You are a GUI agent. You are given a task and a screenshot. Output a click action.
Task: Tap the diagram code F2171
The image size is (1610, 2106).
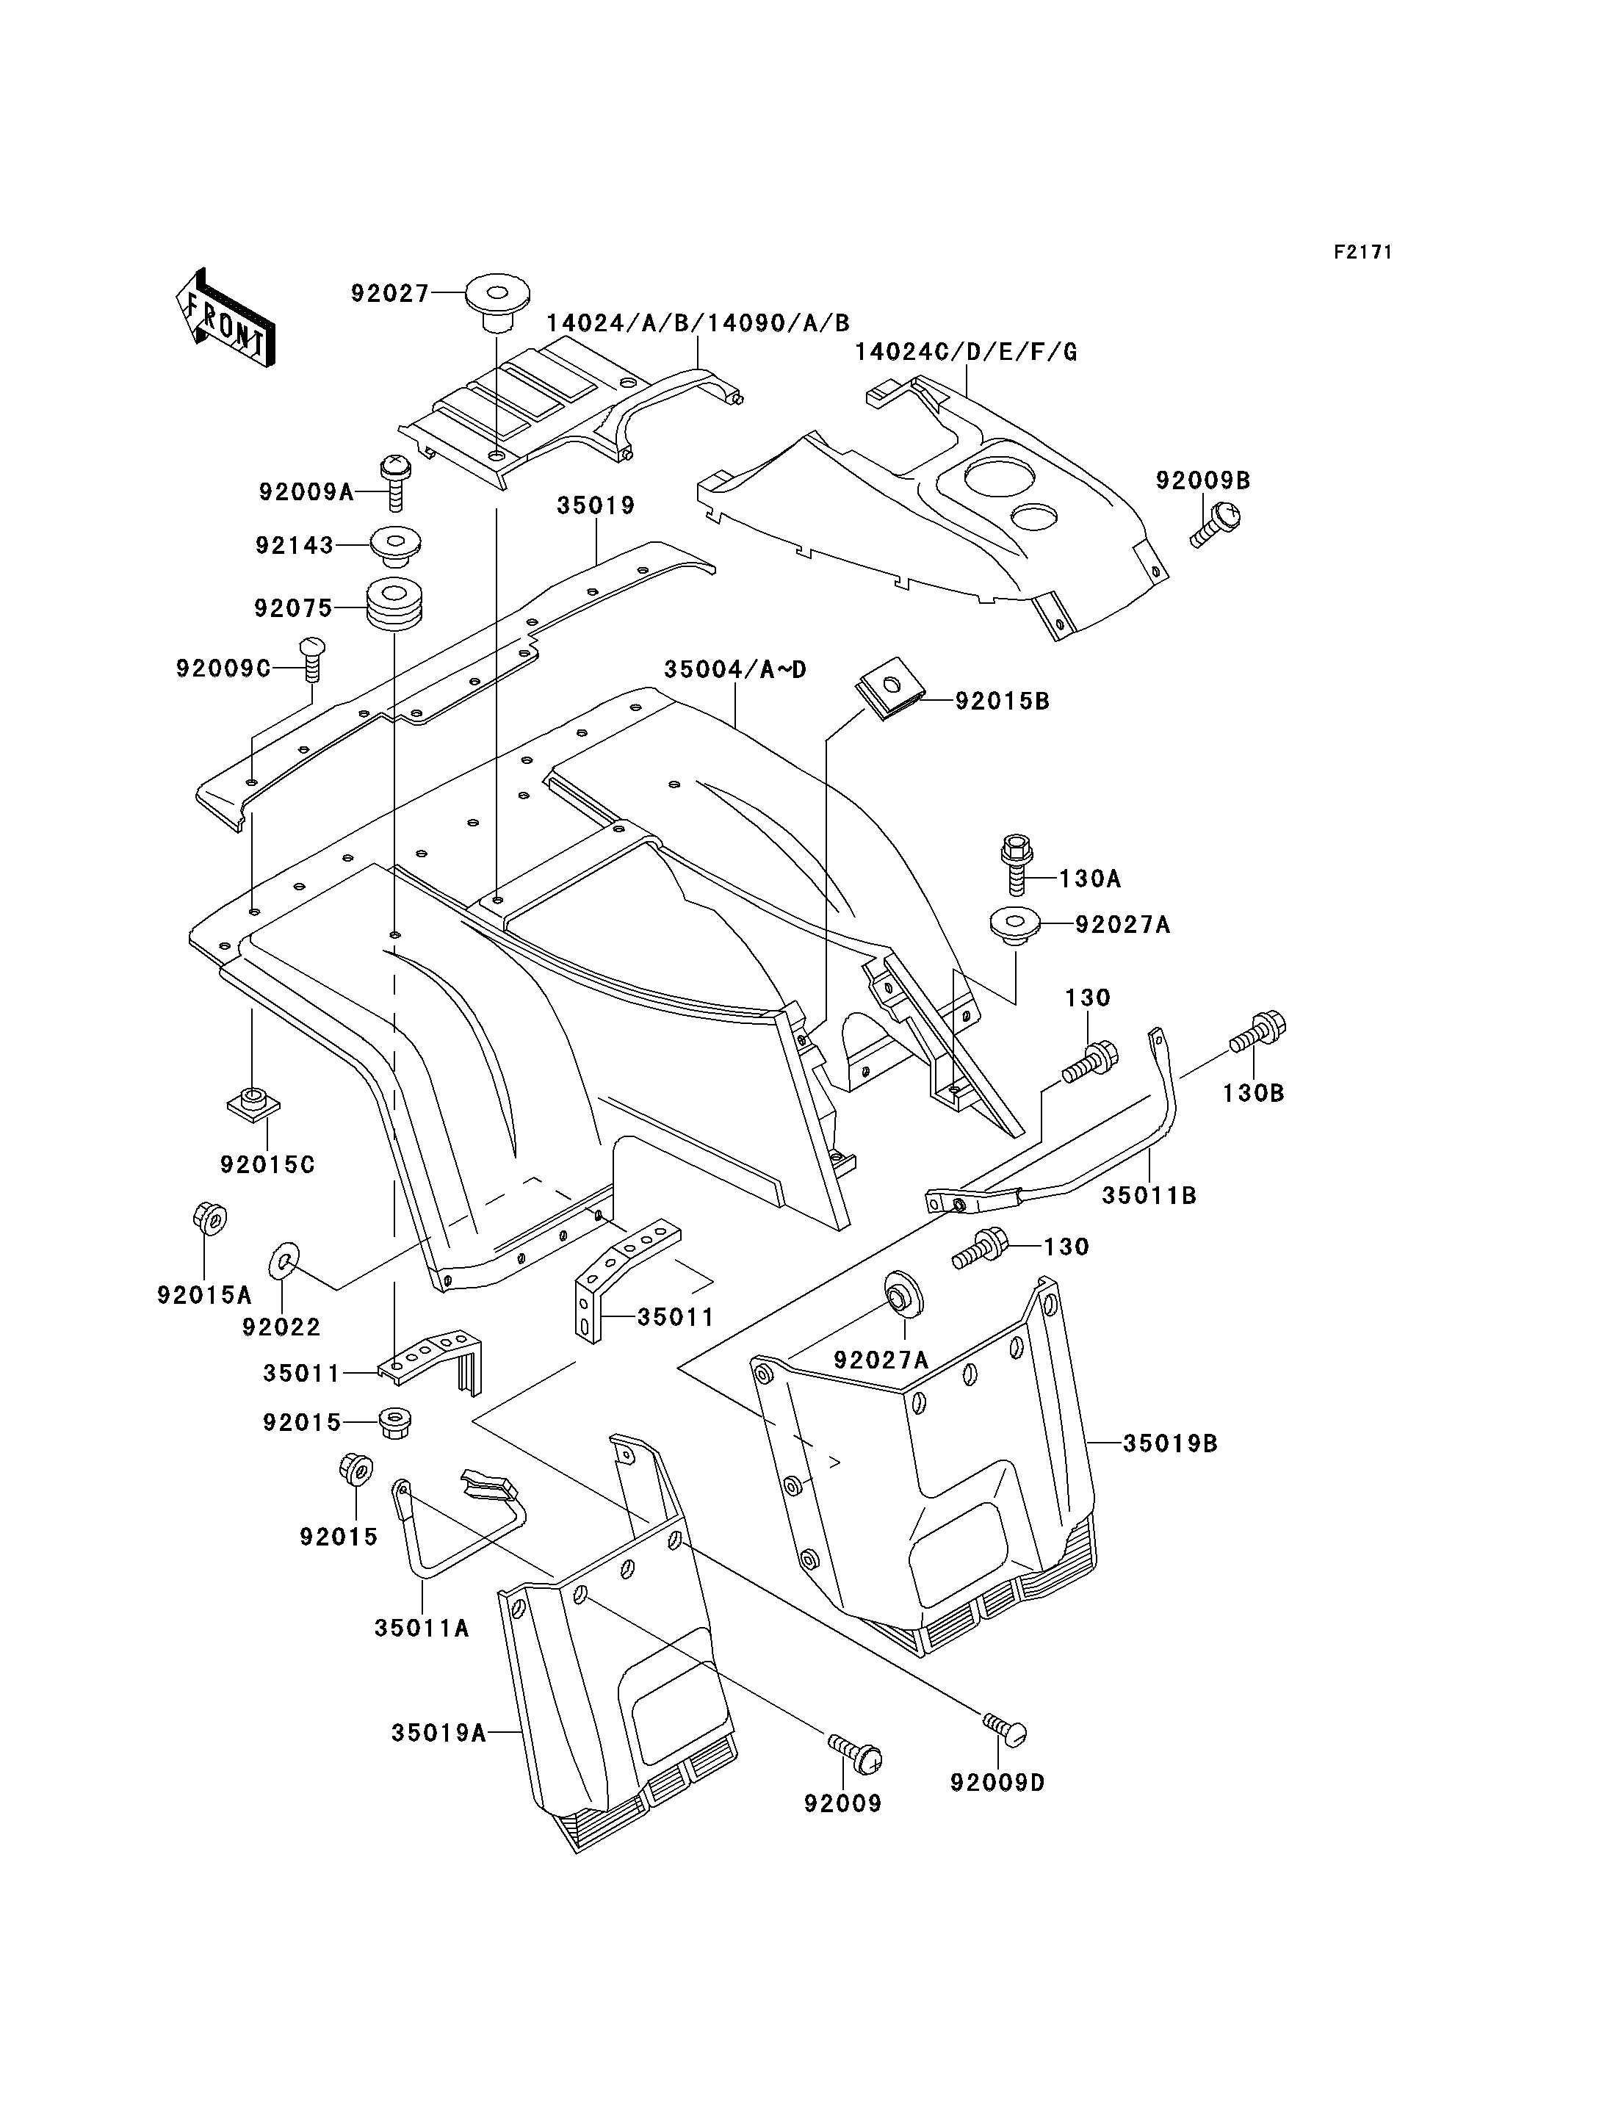[1362, 252]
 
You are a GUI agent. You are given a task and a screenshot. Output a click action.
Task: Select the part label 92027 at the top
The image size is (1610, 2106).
[390, 293]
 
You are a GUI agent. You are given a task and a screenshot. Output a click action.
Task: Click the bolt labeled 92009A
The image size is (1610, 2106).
[394, 483]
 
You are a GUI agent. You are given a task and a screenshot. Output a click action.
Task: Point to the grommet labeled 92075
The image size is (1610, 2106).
[395, 605]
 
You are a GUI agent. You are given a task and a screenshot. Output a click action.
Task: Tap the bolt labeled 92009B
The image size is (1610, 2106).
[1215, 524]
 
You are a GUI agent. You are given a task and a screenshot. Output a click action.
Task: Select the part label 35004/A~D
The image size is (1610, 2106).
[735, 669]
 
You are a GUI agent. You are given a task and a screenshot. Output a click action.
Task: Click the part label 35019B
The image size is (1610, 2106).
[1170, 1443]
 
